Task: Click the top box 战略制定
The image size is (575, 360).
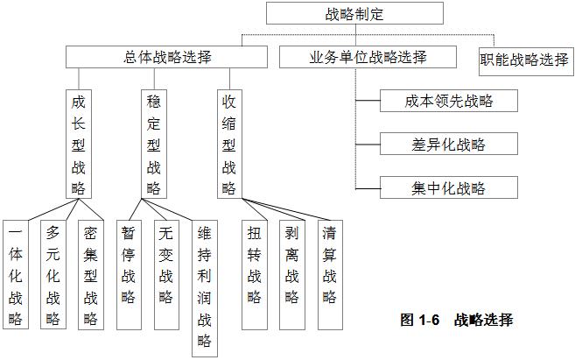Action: click(x=354, y=14)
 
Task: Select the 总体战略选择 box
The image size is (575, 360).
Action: click(x=167, y=57)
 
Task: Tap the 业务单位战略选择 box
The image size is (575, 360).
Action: click(x=368, y=57)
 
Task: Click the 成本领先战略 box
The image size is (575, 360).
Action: click(x=449, y=101)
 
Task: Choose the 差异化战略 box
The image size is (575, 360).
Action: click(x=449, y=144)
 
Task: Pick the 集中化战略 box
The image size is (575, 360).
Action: click(x=449, y=187)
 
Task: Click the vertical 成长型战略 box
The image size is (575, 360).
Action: click(x=79, y=144)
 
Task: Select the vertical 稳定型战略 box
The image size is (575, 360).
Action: click(x=154, y=144)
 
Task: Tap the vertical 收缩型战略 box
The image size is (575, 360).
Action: click(x=229, y=144)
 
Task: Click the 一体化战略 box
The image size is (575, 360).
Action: click(x=15, y=276)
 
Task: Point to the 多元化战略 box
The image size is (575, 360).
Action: click(x=53, y=276)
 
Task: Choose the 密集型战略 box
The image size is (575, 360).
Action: click(x=90, y=276)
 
